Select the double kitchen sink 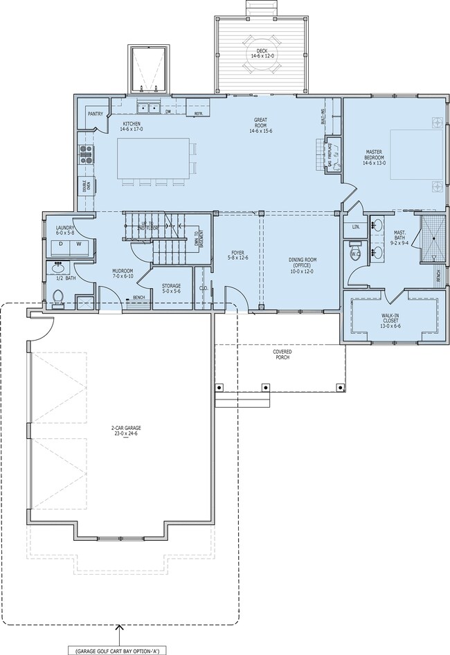tap(150, 108)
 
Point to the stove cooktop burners tap(86, 154)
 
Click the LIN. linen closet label tap(356, 226)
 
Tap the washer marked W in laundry tap(78, 244)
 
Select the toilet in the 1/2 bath tap(59, 298)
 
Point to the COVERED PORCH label tap(281, 355)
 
